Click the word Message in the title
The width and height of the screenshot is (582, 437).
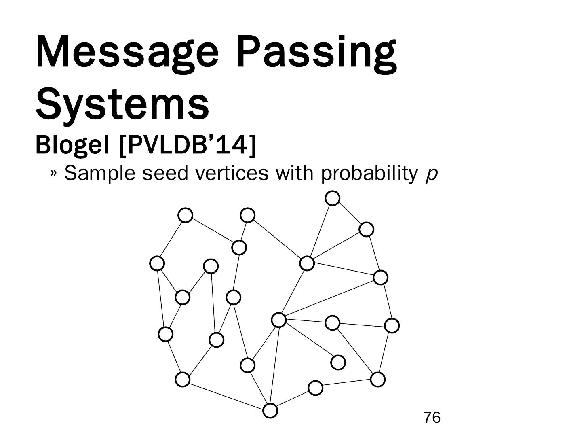click(x=127, y=53)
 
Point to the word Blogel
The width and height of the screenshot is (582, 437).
click(x=72, y=144)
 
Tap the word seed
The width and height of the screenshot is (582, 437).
click(x=166, y=173)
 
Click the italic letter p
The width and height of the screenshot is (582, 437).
click(x=432, y=175)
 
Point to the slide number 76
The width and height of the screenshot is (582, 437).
click(x=432, y=418)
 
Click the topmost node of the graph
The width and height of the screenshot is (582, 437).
click(x=332, y=198)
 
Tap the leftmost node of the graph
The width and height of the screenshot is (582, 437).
click(x=157, y=263)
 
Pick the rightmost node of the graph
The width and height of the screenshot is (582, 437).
click(x=392, y=325)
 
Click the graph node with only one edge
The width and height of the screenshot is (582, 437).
click(x=338, y=362)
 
